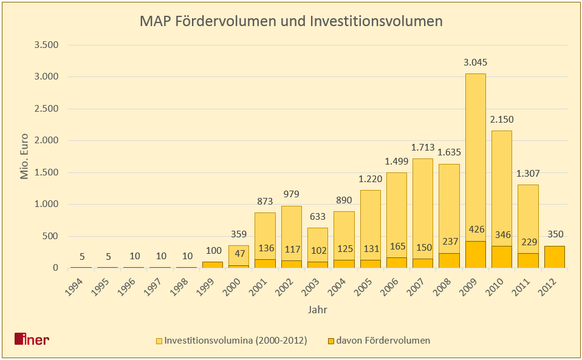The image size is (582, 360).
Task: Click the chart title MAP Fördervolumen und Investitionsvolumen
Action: [x=291, y=21]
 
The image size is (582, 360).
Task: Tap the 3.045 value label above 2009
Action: [x=476, y=63]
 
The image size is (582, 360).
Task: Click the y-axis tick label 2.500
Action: [x=46, y=109]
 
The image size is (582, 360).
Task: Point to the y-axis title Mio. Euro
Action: [x=25, y=157]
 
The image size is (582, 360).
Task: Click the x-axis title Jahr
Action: [x=318, y=310]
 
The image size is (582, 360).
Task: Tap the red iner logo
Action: [x=32, y=339]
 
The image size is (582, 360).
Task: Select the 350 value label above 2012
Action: [x=555, y=234]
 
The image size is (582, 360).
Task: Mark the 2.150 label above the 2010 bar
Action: [x=502, y=120]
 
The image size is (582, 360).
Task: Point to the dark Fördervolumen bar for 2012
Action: [x=555, y=257]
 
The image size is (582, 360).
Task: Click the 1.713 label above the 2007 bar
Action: [x=423, y=148]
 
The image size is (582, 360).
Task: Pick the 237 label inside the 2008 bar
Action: [x=449, y=241]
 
